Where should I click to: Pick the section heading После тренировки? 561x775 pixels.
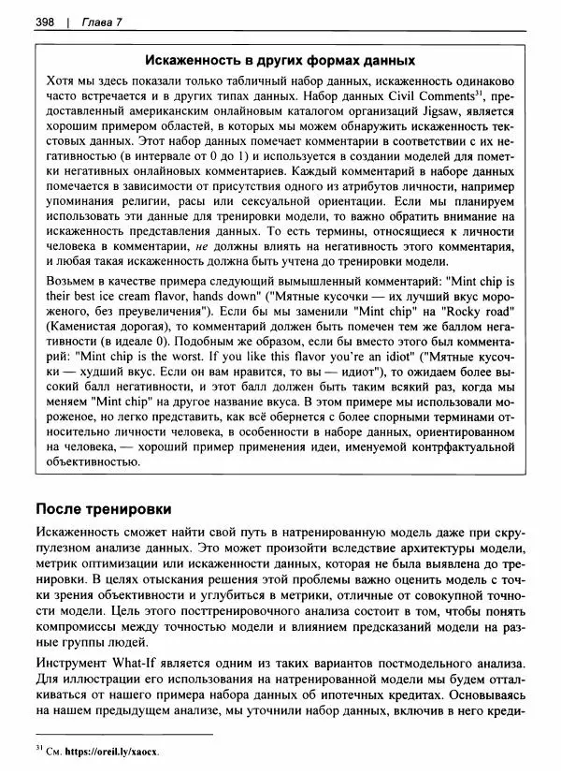pyautogui.click(x=103, y=509)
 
